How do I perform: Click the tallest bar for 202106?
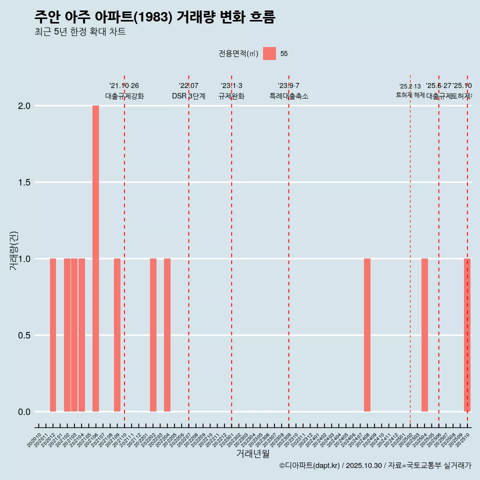95,258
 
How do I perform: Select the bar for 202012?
53,335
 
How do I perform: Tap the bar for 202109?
117,335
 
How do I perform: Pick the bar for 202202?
153,335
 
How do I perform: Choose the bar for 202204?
167,335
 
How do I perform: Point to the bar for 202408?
367,335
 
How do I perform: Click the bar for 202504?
424,335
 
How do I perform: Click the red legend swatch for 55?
269,53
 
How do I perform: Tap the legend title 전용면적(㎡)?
238,54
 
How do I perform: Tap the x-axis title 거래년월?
252,454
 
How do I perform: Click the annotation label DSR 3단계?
188,96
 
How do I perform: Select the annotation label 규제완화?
231,96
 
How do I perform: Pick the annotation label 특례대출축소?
288,96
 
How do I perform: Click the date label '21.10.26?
124,85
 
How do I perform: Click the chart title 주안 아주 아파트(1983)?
155,17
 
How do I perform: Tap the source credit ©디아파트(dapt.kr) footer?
375,465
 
